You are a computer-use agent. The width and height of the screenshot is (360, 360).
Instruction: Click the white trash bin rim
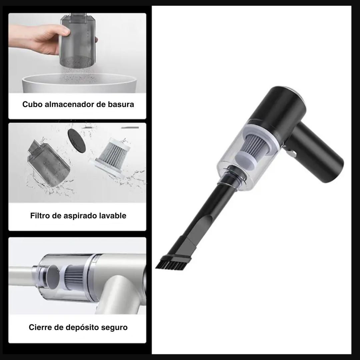coord(79,80)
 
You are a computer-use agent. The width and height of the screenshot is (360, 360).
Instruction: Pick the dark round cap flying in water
coord(76,141)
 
